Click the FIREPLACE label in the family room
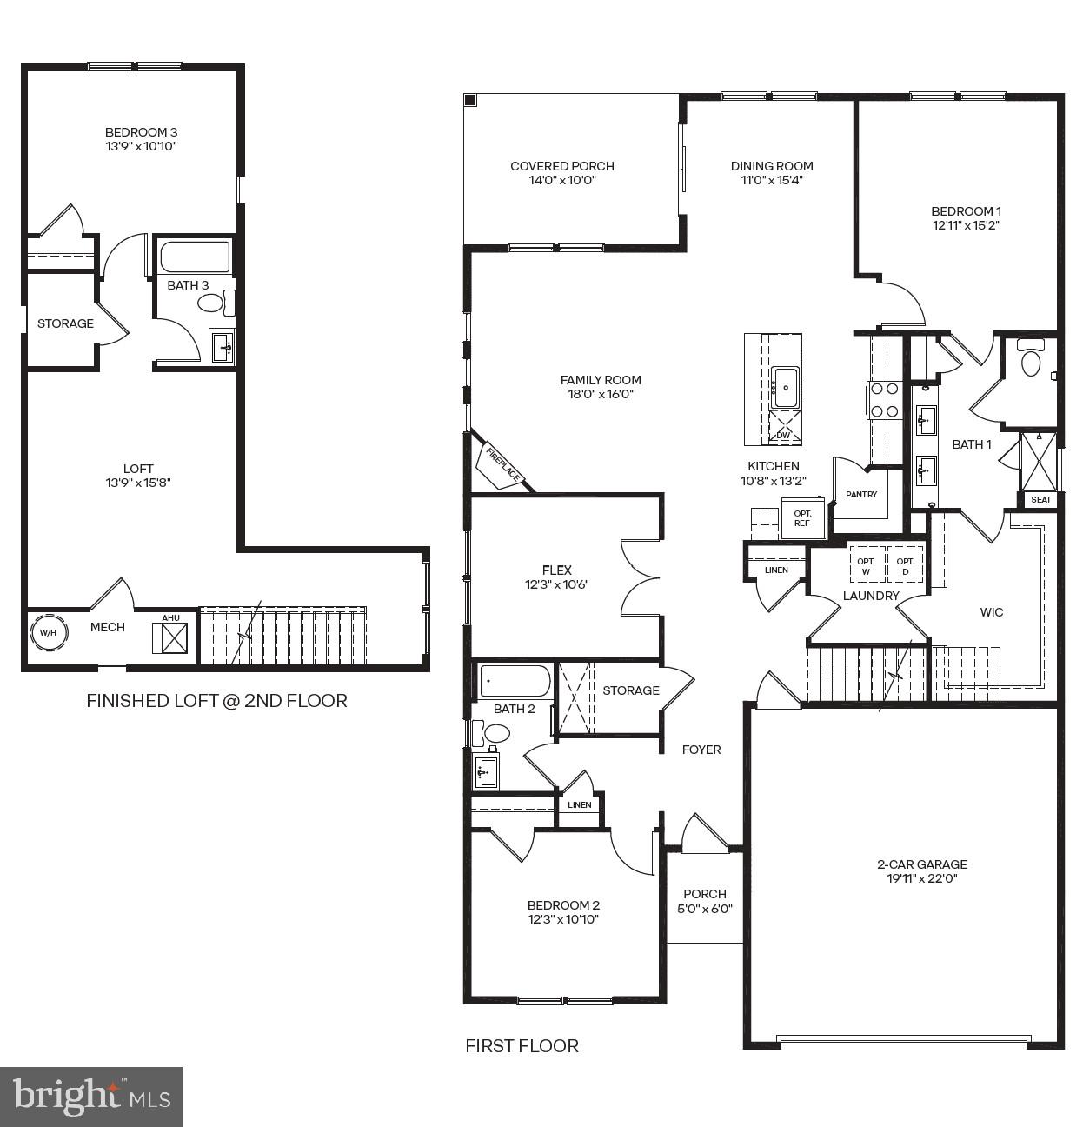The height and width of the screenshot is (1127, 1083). pos(503,464)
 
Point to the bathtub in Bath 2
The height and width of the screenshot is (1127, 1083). pos(515,682)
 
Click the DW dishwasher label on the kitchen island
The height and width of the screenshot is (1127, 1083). pos(783,434)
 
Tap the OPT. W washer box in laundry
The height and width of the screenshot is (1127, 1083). pos(866,566)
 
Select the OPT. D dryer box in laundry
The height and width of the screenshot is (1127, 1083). pos(905,566)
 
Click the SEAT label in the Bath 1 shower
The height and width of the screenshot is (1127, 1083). pos(1040,499)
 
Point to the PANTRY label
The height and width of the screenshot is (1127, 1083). pos(861,494)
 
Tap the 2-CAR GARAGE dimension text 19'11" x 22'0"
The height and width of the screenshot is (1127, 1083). pos(921,878)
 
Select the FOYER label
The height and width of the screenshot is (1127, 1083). pos(701,750)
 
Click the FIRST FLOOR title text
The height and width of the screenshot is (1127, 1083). pos(522,1046)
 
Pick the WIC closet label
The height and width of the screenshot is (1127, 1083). pos(991,612)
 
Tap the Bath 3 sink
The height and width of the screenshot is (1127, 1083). pos(222,346)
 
